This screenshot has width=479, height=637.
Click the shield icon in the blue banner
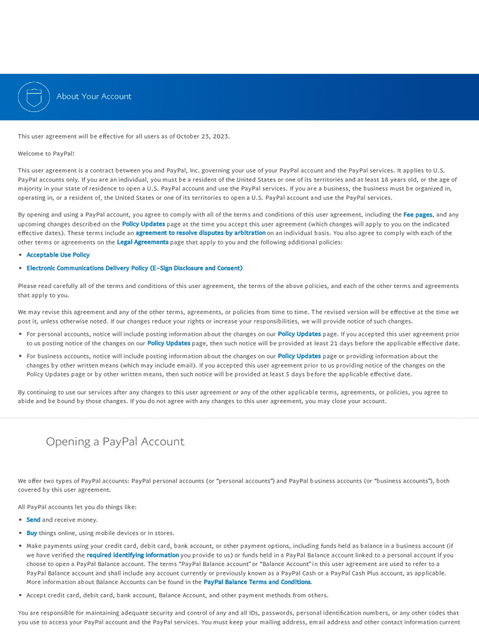(x=34, y=96)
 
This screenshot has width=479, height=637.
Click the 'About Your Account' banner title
(x=94, y=96)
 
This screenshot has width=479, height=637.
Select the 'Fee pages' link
(x=417, y=215)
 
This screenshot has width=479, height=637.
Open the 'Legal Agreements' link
(x=142, y=242)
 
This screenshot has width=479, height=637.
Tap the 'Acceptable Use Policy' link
(x=58, y=255)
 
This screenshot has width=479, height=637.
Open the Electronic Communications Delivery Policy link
(x=134, y=268)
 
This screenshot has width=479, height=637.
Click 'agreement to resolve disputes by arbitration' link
(x=200, y=233)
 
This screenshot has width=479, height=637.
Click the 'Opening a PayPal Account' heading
(x=115, y=442)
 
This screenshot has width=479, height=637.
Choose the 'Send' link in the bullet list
(x=33, y=519)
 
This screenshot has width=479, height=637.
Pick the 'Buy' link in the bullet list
(x=32, y=533)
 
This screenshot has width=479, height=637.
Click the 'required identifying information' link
(x=133, y=555)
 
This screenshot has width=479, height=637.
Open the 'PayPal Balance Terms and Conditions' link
(x=257, y=582)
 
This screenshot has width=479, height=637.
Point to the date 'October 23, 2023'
(x=203, y=136)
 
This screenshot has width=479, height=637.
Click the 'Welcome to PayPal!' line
(x=46, y=153)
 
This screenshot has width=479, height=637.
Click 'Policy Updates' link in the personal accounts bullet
(x=299, y=334)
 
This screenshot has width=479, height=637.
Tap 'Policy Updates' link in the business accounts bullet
(x=299, y=356)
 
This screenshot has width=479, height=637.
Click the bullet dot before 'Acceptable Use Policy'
(x=21, y=255)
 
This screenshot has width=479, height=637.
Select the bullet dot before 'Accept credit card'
(x=21, y=595)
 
